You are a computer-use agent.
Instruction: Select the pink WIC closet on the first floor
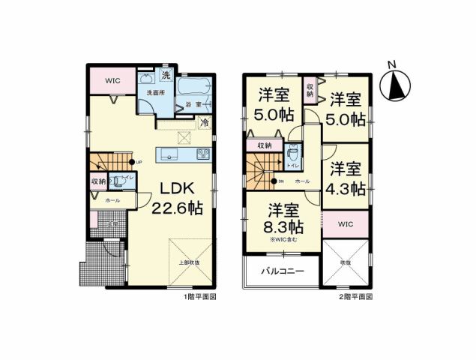click(x=112, y=81)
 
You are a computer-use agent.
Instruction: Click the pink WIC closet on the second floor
click(x=346, y=224)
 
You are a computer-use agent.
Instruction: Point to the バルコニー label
click(x=282, y=271)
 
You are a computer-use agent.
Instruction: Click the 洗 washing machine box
click(x=166, y=75)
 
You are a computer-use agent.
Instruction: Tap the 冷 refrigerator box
click(x=204, y=124)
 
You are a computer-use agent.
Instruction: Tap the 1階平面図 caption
click(x=199, y=297)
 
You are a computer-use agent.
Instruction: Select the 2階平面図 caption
click(x=354, y=297)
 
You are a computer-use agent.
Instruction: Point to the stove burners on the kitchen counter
click(x=203, y=154)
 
